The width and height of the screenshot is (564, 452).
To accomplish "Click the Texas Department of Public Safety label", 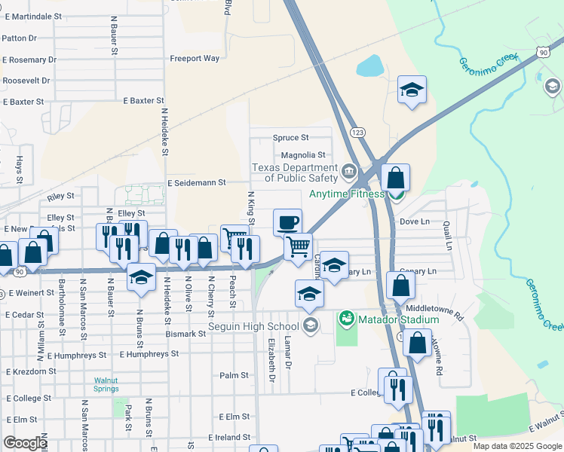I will click(x=295, y=173).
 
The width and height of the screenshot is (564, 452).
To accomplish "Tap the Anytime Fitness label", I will click(x=345, y=194).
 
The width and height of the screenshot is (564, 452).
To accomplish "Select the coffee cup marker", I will click(x=287, y=222).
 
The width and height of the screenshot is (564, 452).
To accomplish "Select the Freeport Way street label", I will click(x=195, y=58).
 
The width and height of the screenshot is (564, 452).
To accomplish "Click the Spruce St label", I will click(x=290, y=138).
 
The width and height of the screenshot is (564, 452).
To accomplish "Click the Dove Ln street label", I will click(x=414, y=221).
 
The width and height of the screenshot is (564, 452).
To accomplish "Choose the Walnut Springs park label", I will click(x=106, y=384).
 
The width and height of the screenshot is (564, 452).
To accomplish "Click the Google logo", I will click(x=25, y=443).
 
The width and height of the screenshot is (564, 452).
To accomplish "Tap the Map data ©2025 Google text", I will click(x=517, y=446).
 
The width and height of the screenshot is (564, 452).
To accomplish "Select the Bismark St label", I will click(x=186, y=332).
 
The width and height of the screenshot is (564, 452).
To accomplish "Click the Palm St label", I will click(x=234, y=375).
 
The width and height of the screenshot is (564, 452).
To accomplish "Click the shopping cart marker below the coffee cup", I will click(x=299, y=245).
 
